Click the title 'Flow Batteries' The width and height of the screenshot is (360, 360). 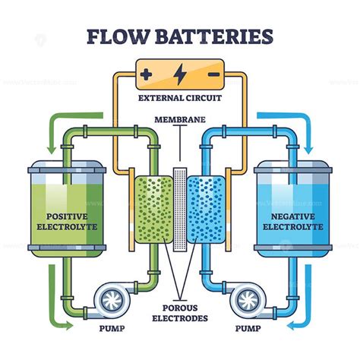[x=180, y=35]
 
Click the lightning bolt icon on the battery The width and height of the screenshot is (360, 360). [x=180, y=74]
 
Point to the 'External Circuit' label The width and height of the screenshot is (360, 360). [x=180, y=98]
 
